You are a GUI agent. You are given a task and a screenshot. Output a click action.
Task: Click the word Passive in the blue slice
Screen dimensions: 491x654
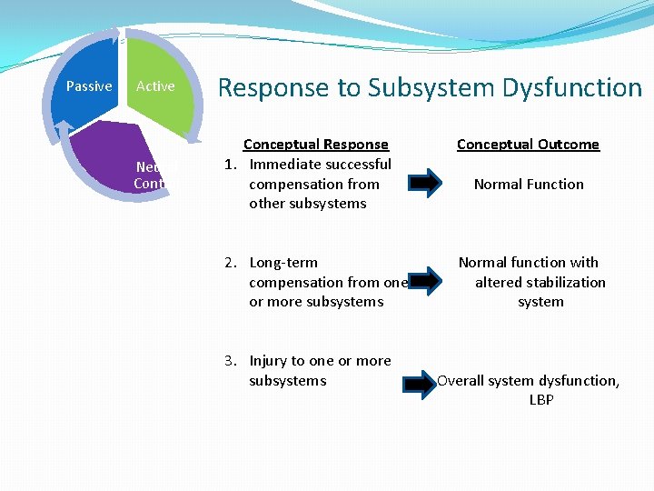[89, 86]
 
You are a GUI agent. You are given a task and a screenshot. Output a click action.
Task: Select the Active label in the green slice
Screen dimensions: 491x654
[155, 86]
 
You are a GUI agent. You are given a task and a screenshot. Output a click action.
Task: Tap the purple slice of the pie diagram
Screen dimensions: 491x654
[100, 168]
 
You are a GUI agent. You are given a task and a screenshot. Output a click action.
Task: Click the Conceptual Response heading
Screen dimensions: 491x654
[315, 145]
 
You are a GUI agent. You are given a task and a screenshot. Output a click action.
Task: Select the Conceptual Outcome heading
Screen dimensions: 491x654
[528, 145]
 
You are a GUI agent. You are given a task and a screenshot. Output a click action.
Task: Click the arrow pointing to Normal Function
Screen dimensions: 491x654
[422, 185]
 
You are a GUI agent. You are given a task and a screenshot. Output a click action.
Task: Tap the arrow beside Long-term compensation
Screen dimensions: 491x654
[424, 283]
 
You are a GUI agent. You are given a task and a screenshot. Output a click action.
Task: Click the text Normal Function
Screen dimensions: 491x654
[529, 185]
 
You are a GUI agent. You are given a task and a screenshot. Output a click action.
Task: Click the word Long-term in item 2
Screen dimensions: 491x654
[283, 263]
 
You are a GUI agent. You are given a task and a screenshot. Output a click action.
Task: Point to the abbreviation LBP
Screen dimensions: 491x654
[541, 400]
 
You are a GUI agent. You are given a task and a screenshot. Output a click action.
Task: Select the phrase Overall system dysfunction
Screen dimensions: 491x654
[529, 381]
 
